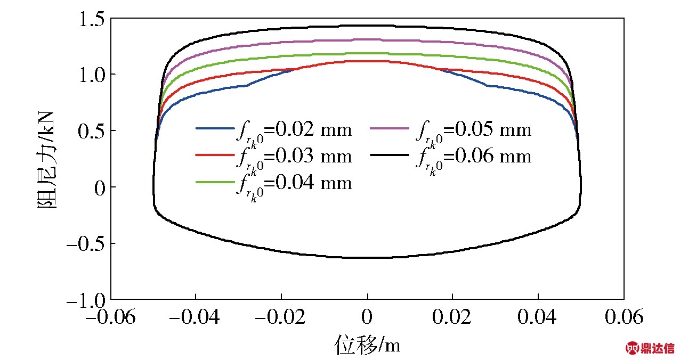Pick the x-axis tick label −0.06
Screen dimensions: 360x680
tap(111, 317)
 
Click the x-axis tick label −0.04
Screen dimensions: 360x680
tap(196, 317)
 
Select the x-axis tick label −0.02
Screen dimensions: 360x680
tap(281, 317)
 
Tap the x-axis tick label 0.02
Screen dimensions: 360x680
tap(452, 317)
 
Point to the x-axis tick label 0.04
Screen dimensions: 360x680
tap(538, 317)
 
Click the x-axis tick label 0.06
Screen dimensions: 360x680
tap(623, 317)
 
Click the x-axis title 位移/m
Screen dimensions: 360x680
tap(367, 345)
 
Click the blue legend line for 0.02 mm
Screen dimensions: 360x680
tap(214, 128)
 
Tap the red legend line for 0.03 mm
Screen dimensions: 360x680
tap(214, 156)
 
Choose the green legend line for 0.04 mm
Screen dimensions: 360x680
tap(214, 182)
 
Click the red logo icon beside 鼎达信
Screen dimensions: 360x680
tap(633, 348)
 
